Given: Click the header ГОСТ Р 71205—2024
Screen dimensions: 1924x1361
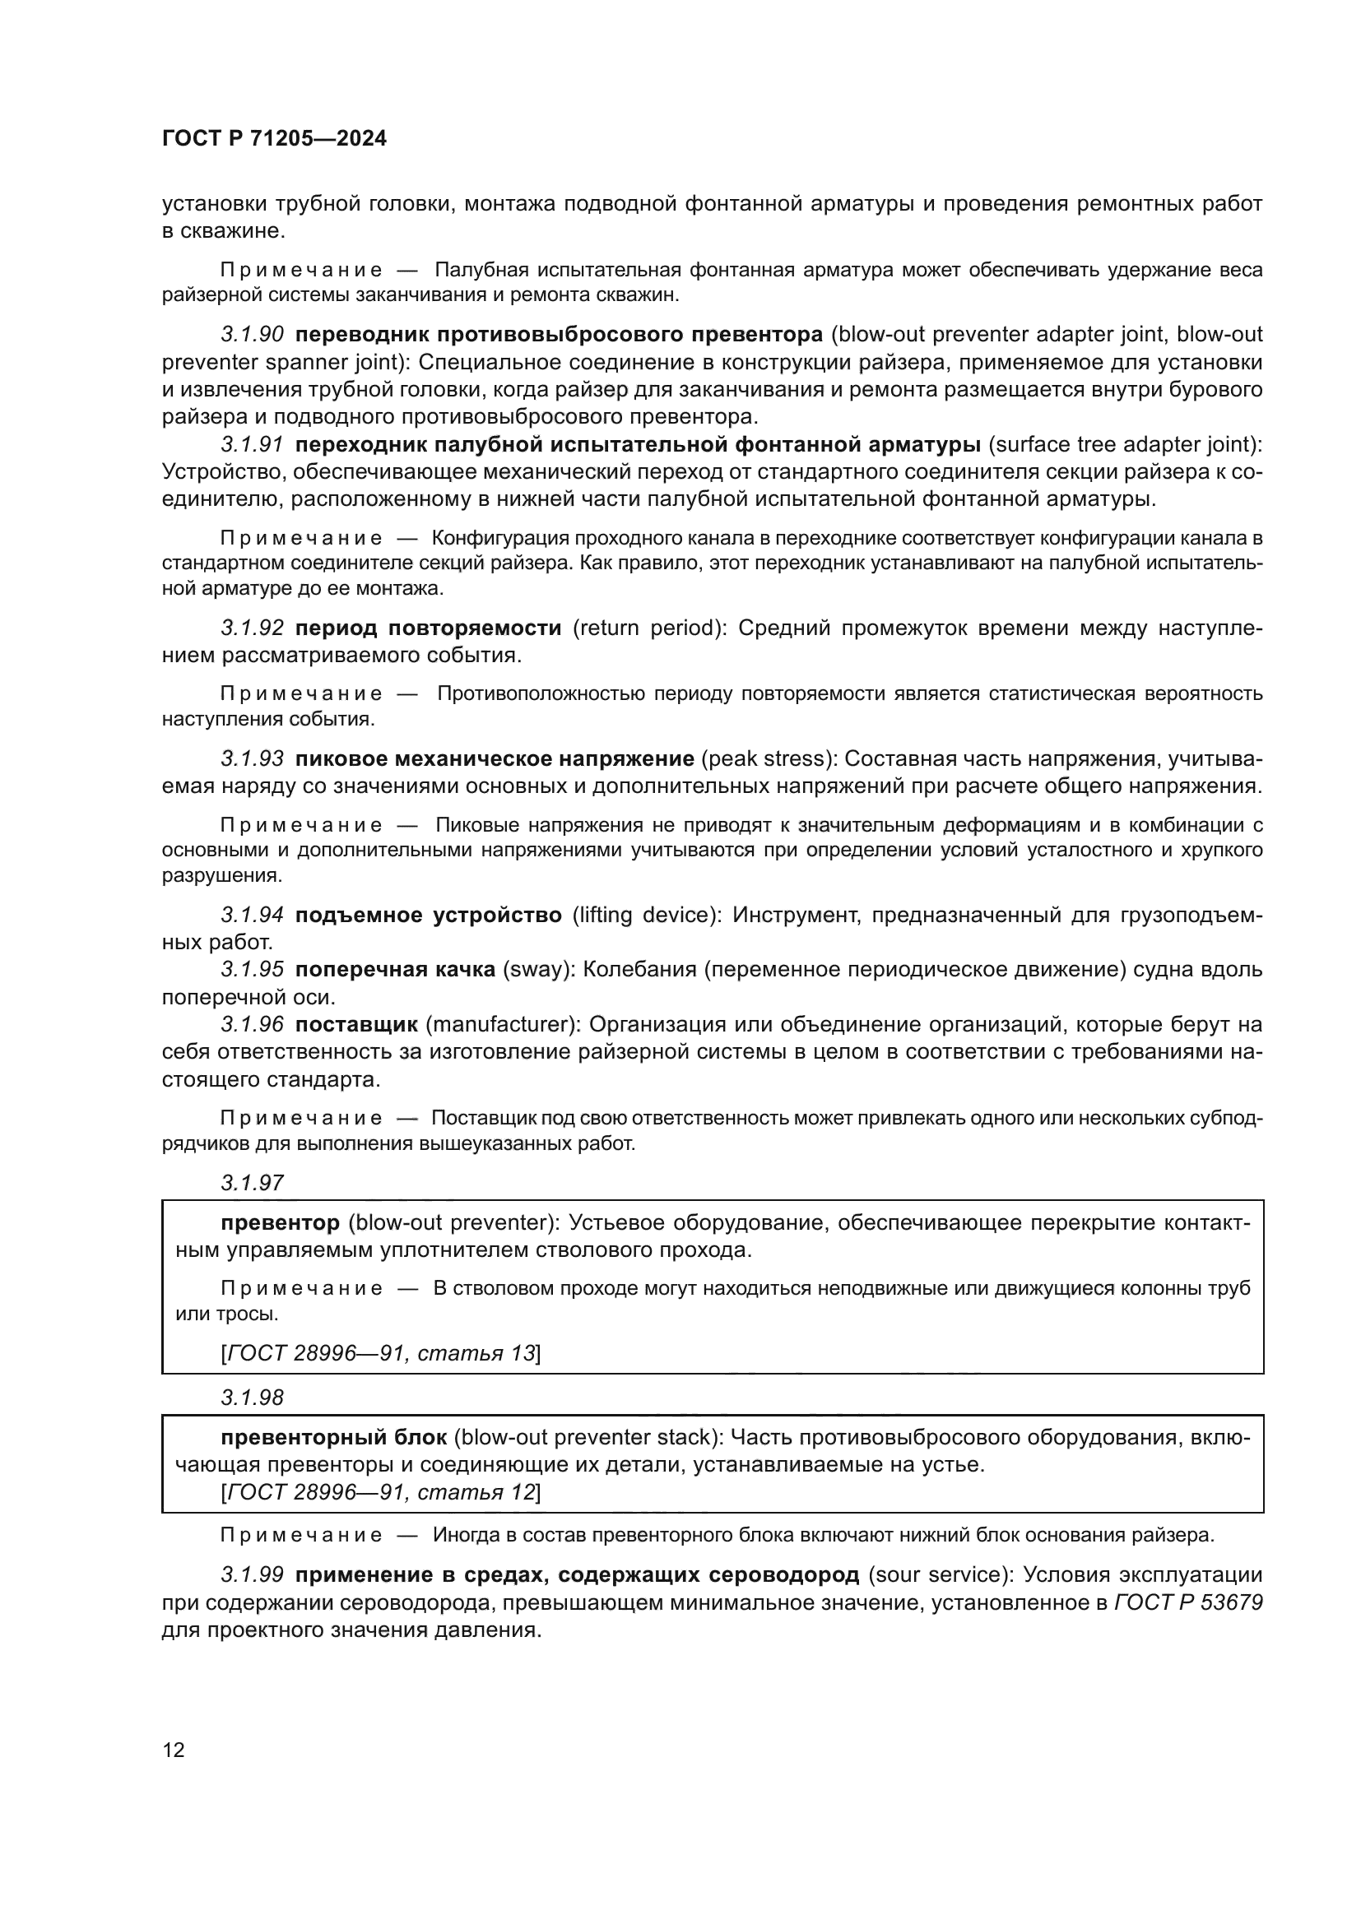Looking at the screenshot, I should [274, 139].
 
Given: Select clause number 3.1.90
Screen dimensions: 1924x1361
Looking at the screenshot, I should [253, 334].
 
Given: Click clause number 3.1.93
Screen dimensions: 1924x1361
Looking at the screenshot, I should [253, 759].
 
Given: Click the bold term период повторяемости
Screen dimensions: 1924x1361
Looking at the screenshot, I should [428, 628].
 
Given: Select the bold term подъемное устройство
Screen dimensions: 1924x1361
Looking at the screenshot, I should [428, 915].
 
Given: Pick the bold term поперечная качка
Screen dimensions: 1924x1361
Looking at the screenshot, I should [394, 970].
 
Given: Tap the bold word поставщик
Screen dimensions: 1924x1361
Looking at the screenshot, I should [356, 1025].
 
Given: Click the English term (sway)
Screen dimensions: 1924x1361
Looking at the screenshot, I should [538, 970].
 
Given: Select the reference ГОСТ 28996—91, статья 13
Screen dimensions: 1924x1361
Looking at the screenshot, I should [381, 1353].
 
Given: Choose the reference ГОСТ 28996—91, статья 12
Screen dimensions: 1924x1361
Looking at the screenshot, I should [381, 1492].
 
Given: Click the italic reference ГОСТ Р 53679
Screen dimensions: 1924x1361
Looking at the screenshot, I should [1188, 1603].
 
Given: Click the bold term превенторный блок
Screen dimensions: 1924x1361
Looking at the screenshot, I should [333, 1438].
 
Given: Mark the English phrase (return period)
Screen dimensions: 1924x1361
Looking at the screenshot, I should [649, 628].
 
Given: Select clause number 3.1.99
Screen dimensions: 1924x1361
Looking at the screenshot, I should [253, 1575].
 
